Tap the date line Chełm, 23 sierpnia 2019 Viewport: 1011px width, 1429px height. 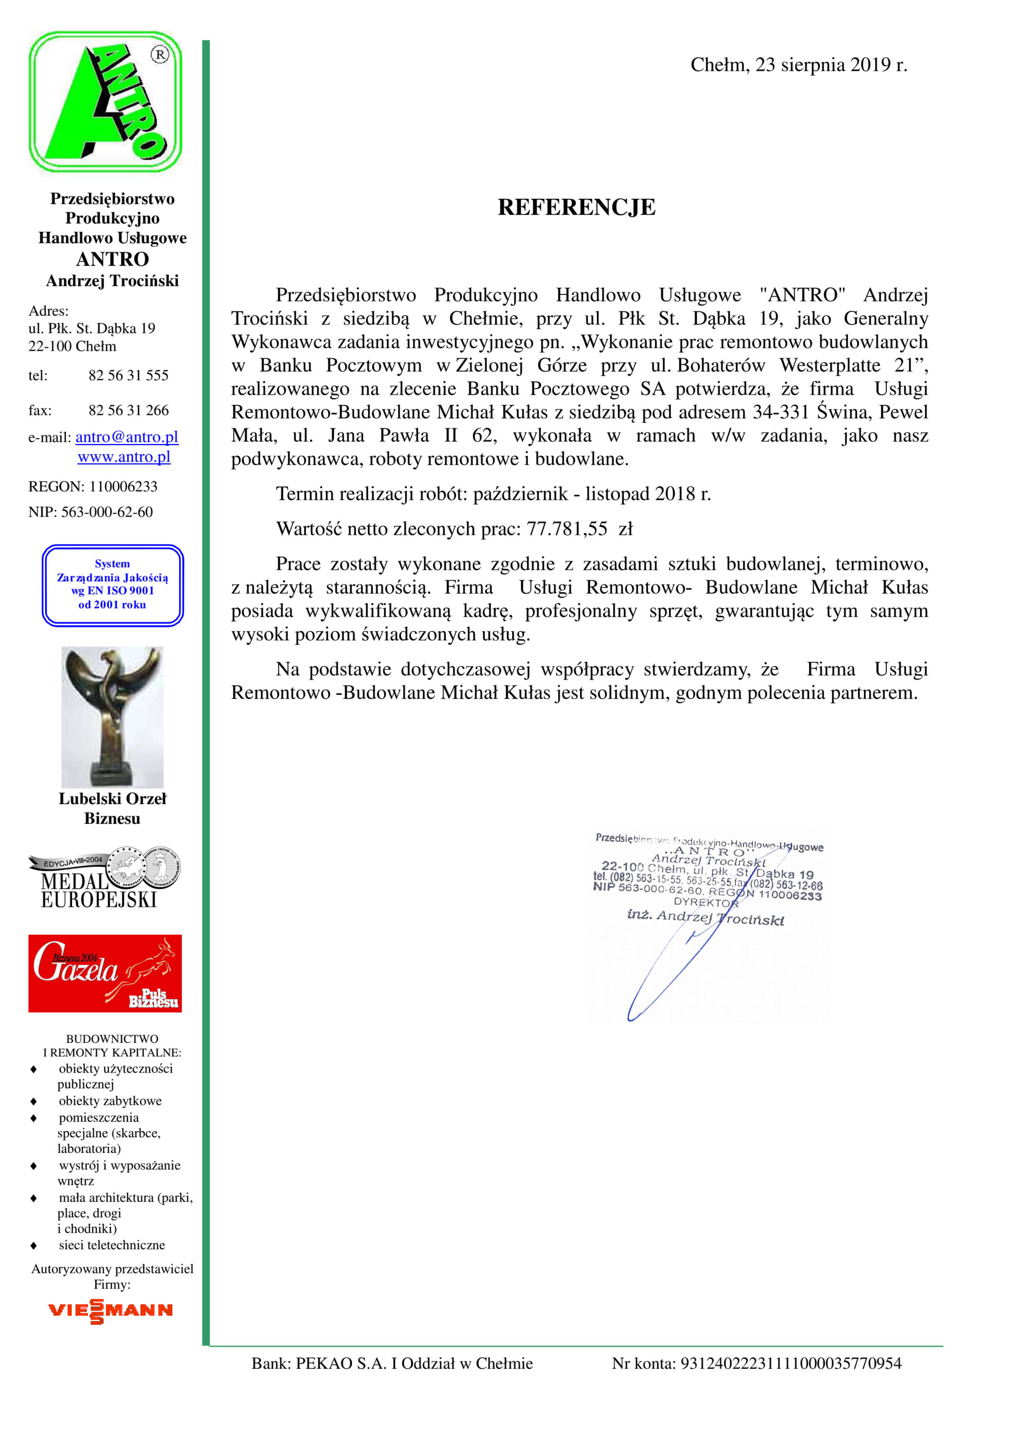coord(798,65)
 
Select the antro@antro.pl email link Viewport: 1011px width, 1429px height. coord(127,437)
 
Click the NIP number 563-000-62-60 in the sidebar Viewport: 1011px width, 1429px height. coord(106,512)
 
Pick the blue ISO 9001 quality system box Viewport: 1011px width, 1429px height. coord(113,585)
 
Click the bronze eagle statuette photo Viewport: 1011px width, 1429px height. coord(113,717)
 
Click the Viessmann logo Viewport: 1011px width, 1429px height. coord(110,1310)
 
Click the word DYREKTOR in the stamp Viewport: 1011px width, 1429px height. coord(705,902)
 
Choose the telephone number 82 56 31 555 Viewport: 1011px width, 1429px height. coord(128,375)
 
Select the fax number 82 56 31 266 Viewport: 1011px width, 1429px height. coord(128,410)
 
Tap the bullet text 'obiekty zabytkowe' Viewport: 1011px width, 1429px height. coord(110,1100)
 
